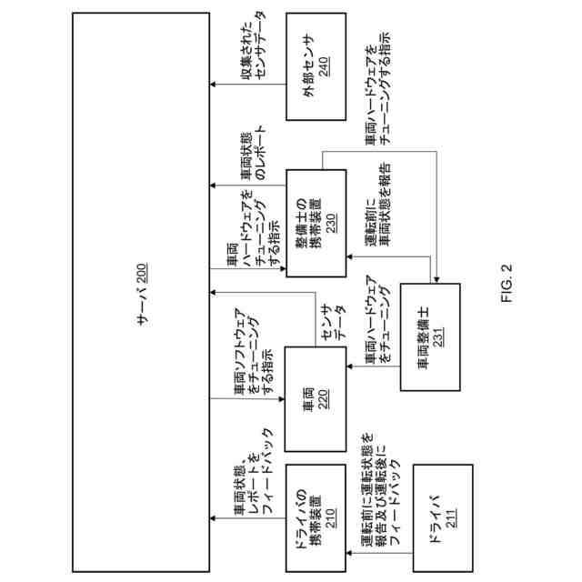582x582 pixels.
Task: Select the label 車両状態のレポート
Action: tap(252, 165)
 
